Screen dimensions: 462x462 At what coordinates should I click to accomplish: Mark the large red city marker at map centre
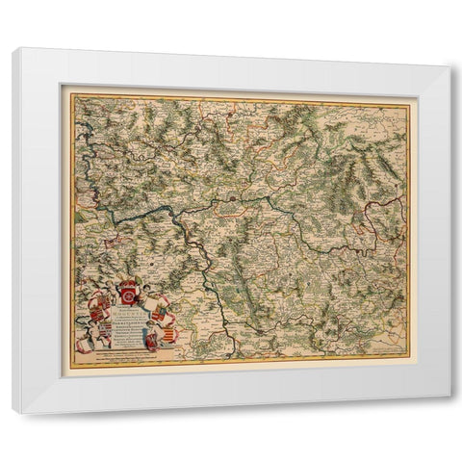point(236,199)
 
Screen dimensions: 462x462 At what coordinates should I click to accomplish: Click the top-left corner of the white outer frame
point(13,48)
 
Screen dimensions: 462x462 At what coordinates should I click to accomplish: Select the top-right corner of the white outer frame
point(449,66)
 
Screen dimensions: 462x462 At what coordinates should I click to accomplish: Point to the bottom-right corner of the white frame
point(449,396)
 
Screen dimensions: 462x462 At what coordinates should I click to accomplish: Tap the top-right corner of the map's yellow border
point(409,104)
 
